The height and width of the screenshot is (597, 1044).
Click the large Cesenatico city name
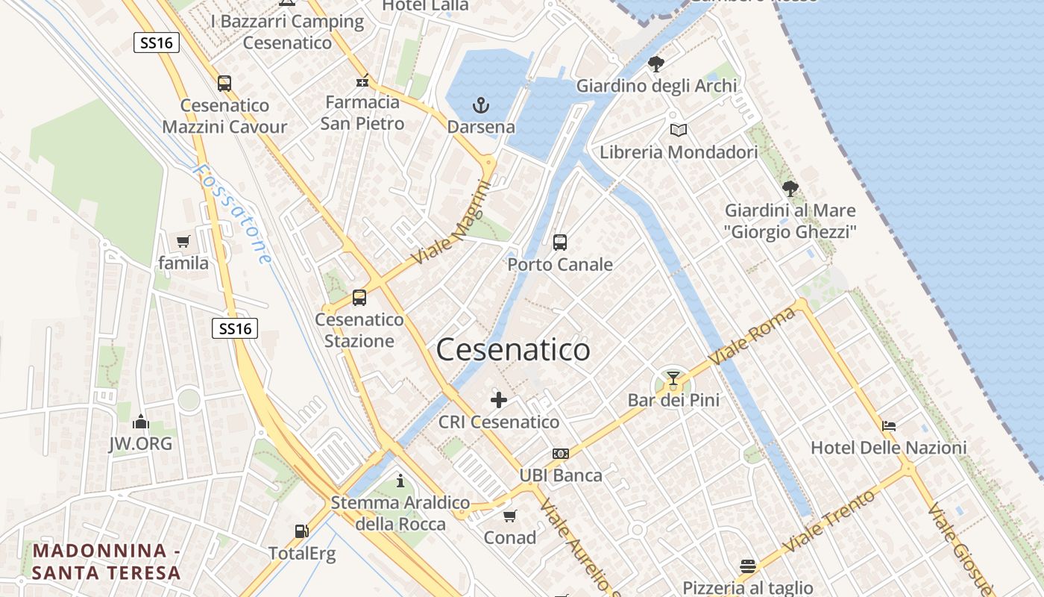click(513, 350)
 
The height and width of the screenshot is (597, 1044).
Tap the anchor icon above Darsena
click(481, 104)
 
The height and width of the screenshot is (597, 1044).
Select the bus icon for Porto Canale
click(560, 242)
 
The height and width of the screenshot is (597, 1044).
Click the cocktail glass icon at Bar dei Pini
click(673, 378)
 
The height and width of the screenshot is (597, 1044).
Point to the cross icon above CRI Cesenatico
click(499, 400)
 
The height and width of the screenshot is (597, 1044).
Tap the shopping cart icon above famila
click(183, 241)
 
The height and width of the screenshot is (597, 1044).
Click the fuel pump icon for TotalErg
click(302, 531)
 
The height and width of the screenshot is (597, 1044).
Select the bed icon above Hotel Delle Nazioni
click(889, 426)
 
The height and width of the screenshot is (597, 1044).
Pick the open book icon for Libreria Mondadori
click(678, 131)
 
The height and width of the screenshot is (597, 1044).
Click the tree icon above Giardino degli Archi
click(656, 64)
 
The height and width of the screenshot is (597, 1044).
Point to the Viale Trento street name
click(828, 521)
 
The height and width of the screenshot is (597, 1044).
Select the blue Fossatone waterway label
click(232, 214)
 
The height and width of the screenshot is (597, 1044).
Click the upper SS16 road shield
click(157, 43)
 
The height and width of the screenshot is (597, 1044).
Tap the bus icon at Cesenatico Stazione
click(359, 298)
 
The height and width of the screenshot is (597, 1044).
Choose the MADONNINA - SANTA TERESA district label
click(107, 562)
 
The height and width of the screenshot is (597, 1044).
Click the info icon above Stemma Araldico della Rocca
click(400, 481)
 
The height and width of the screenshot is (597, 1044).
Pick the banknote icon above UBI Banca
click(561, 454)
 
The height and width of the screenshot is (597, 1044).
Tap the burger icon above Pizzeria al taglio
click(748, 566)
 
